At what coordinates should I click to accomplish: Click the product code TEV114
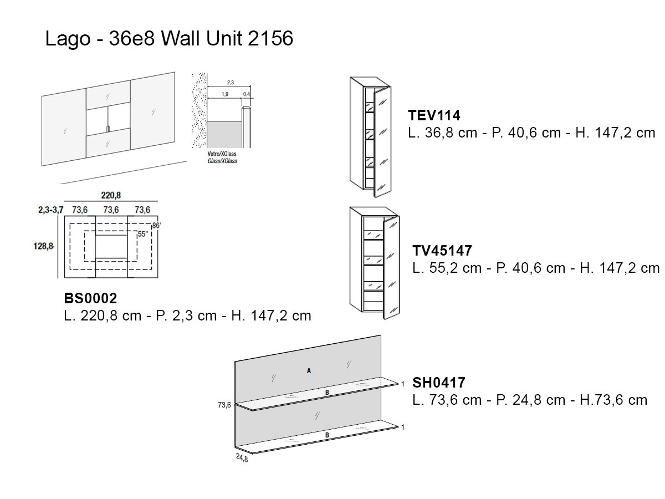click(x=434, y=115)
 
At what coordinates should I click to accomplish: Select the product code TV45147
click(x=442, y=251)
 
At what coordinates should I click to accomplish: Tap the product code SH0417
click(x=439, y=383)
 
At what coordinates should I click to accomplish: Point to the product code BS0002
click(x=90, y=298)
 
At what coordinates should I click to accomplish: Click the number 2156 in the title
click(x=270, y=38)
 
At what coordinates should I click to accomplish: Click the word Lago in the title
click(x=68, y=39)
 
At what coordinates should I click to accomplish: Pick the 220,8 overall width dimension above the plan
click(x=111, y=195)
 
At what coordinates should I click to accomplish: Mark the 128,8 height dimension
click(x=43, y=246)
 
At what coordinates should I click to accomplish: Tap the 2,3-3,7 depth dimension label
click(x=50, y=210)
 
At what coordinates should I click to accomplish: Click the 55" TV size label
click(x=142, y=234)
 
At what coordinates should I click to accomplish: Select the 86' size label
click(x=157, y=226)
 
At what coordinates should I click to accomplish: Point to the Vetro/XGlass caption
click(x=222, y=154)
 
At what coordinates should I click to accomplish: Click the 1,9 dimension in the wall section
click(x=225, y=94)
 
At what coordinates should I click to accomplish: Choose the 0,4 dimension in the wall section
click(x=247, y=94)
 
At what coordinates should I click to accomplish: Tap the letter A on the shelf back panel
click(x=309, y=371)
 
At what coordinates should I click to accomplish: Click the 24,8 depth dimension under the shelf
click(x=242, y=458)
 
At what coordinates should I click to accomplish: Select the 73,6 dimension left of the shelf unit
click(x=224, y=405)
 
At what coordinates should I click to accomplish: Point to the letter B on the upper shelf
click(x=327, y=393)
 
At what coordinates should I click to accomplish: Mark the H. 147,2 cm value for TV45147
click(x=620, y=268)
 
